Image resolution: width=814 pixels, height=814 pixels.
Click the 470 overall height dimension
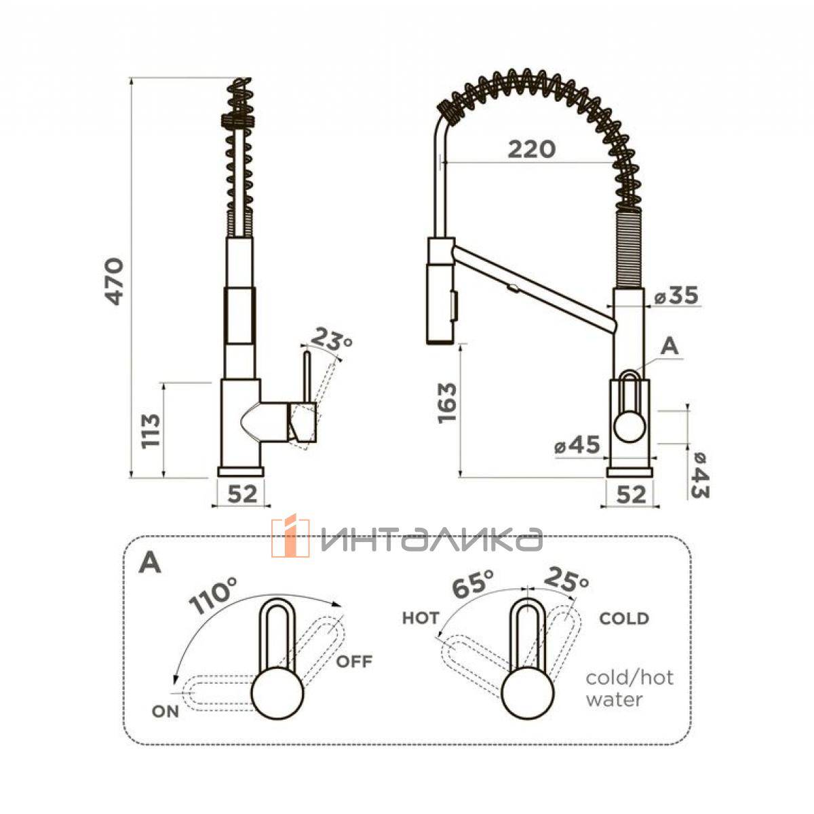click(115, 282)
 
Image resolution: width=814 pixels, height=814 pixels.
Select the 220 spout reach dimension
click(531, 149)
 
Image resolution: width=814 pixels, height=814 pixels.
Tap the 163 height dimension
click(447, 402)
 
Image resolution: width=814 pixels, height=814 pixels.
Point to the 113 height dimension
click(151, 431)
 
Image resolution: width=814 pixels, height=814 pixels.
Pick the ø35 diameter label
click(677, 295)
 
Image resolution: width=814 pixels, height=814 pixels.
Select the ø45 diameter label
click(577, 445)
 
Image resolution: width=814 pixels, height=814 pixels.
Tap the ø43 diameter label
click(700, 476)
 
